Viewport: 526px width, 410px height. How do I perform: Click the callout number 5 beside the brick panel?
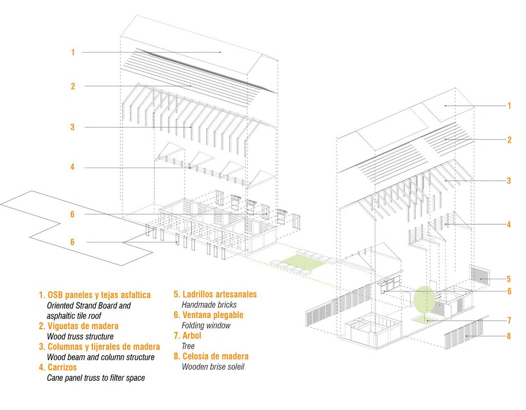coord(509,279)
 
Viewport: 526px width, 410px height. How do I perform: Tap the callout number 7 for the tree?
coord(509,320)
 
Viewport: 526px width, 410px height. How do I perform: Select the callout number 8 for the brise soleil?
coord(509,336)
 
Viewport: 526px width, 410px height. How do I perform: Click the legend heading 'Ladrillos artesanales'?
coord(219,294)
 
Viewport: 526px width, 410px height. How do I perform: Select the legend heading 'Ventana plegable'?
coord(213,315)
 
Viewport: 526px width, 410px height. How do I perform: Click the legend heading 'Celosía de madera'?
coord(215,356)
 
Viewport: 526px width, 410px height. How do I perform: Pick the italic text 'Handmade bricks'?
coord(209,305)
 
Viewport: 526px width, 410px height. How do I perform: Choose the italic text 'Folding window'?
coord(206,326)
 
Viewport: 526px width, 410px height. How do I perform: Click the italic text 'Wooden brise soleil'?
coord(213,367)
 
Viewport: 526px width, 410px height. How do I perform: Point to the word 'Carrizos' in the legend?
coord(62,367)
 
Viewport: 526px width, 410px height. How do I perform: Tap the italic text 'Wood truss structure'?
coord(80,337)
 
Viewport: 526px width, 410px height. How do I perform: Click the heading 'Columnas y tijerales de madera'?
coord(103,346)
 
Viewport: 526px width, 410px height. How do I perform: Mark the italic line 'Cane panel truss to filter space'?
coord(95,378)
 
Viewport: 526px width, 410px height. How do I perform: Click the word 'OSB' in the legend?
coord(56,295)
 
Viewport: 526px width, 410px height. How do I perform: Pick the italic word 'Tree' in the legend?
coord(188,346)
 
